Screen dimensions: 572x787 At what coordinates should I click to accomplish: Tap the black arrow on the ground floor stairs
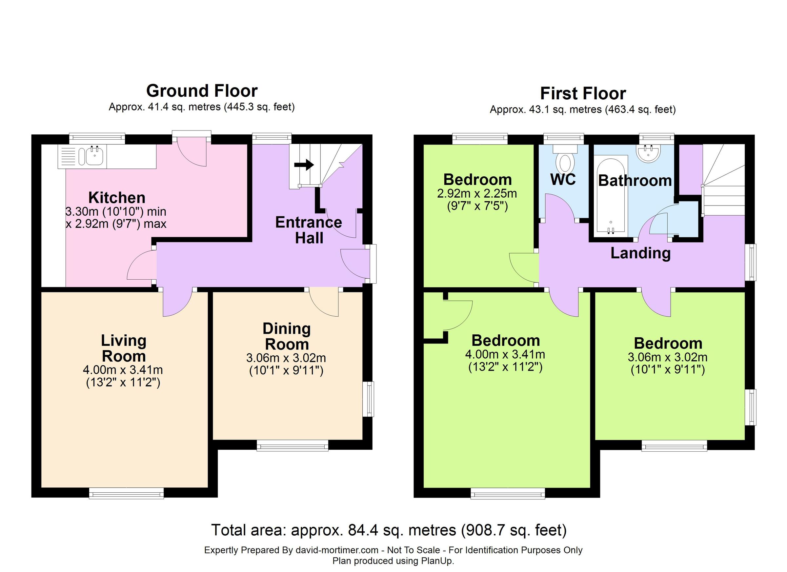pyautogui.click(x=304, y=165)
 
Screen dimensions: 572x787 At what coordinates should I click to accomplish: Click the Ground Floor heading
pyautogui.click(x=202, y=91)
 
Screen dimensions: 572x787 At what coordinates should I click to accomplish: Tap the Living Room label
pyautogui.click(x=124, y=348)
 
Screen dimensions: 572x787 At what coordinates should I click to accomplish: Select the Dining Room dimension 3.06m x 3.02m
pyautogui.click(x=286, y=358)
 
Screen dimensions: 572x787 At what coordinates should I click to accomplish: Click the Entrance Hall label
pyautogui.click(x=309, y=230)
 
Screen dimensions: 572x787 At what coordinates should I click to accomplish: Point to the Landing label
pyautogui.click(x=640, y=253)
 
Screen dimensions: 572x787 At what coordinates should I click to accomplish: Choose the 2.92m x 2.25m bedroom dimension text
pyautogui.click(x=477, y=193)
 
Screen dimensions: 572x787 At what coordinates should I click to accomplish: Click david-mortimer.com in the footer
pyautogui.click(x=336, y=550)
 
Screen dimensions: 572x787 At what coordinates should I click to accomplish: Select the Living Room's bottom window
pyautogui.click(x=126, y=493)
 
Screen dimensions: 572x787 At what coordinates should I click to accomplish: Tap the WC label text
pyautogui.click(x=563, y=180)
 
